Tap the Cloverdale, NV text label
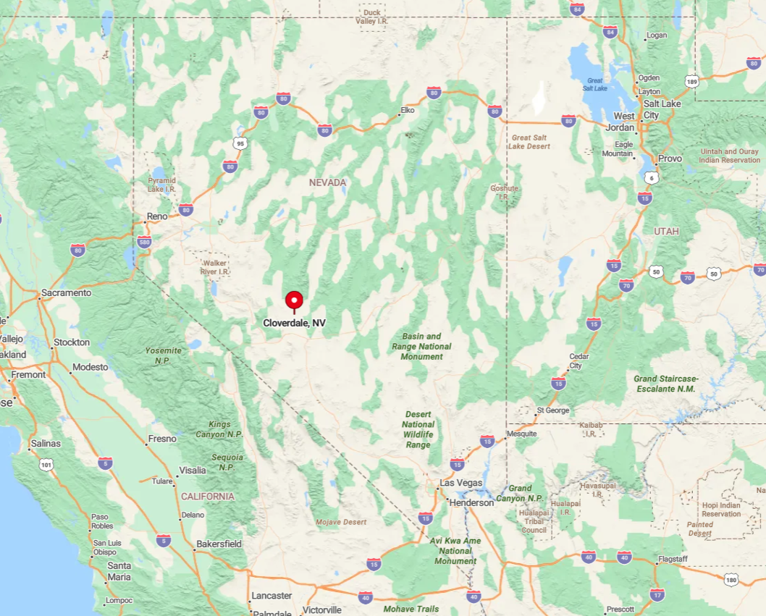tap(294, 323)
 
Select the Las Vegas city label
tap(461, 483)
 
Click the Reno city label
tap(157, 216)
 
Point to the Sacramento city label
tap(66, 293)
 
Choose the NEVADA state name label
tap(327, 182)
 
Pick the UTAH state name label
tap(666, 231)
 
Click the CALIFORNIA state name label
tap(207, 497)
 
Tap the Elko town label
tap(408, 111)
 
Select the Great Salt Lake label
tap(596, 84)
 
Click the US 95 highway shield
tap(240, 143)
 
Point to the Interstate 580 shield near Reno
tap(144, 241)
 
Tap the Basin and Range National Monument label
tap(421, 346)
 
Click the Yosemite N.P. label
tap(163, 355)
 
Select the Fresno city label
tap(161, 439)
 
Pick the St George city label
tap(553, 410)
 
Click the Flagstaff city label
tap(673, 559)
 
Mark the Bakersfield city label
tap(219, 544)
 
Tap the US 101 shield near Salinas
tap(46, 465)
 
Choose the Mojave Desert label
tap(341, 522)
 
